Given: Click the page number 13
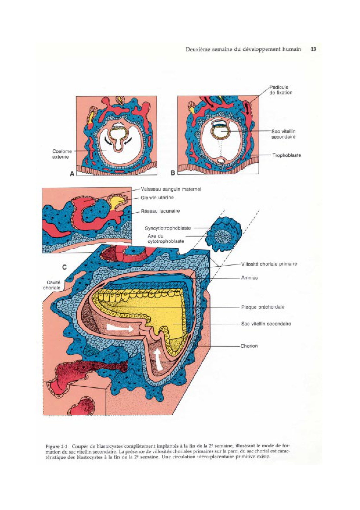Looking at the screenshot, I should tap(313, 49).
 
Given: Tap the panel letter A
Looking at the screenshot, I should tap(72, 174).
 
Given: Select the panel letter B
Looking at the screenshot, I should tap(173, 173).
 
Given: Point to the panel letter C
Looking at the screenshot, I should tap(64, 267).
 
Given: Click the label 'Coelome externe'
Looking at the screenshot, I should tap(62, 154).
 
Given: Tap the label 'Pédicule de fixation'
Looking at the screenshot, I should tap(280, 90).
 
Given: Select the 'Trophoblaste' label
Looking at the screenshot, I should tap(286, 155).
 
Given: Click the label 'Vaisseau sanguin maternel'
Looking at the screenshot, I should tap(171, 189).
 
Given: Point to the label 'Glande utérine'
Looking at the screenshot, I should tap(157, 198).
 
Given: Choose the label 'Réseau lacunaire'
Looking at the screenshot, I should tap(160, 211).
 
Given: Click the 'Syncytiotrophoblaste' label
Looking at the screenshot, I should tap(168, 228).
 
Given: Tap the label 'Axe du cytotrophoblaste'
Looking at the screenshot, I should tap(165, 239).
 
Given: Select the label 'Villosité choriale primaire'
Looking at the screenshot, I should tap(269, 264).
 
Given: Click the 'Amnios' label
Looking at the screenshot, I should tap(249, 278).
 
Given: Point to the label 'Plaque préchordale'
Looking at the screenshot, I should tap(263, 307).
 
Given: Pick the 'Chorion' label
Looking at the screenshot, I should tap(249, 346).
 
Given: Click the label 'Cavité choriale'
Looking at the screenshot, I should tap(52, 285).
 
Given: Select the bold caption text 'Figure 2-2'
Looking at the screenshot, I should tap(57, 446).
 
